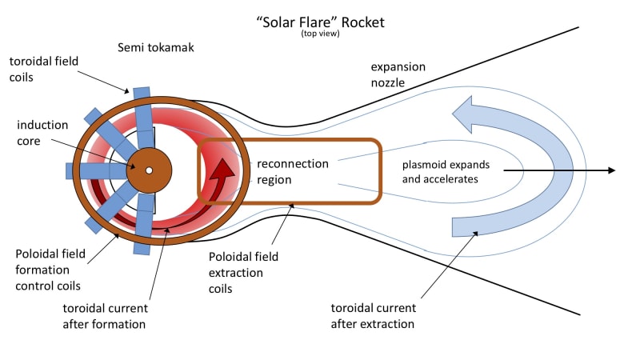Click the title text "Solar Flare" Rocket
320,22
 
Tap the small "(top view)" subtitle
320,34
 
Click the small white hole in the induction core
149,170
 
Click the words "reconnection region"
292,171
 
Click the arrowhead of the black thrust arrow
610,170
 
